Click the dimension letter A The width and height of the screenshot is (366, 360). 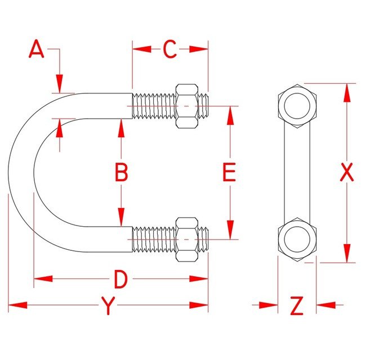[x=37, y=49]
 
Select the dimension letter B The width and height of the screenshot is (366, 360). [x=121, y=172]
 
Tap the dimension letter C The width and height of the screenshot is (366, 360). [x=170, y=49]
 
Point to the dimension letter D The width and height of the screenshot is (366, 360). [x=121, y=278]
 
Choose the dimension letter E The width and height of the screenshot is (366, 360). [x=228, y=172]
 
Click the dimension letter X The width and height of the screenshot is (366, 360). [x=347, y=172]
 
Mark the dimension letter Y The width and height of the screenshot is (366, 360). [x=108, y=306]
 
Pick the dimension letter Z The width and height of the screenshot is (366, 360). [x=296, y=306]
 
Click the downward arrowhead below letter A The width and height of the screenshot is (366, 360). [x=59, y=84]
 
